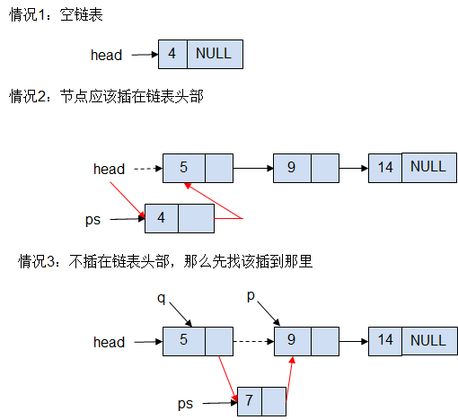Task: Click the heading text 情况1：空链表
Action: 56,14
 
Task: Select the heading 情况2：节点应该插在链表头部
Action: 106,96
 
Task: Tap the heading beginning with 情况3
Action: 165,261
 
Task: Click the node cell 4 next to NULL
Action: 172,54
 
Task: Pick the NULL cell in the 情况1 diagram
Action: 215,54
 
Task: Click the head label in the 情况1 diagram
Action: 106,55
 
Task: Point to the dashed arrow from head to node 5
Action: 148,169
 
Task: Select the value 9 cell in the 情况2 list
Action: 292,168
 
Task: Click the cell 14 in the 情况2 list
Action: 385,168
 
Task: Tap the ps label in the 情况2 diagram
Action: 92,220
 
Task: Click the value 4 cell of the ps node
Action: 162,218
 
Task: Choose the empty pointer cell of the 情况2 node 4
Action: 196,218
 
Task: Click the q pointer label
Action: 162,298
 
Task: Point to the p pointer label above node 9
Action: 251,296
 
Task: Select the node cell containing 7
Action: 250,401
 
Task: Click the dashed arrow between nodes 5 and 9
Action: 253,341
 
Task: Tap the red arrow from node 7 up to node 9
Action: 290,379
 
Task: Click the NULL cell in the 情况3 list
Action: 429,341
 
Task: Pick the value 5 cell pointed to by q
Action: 184,341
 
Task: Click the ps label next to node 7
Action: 185,404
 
